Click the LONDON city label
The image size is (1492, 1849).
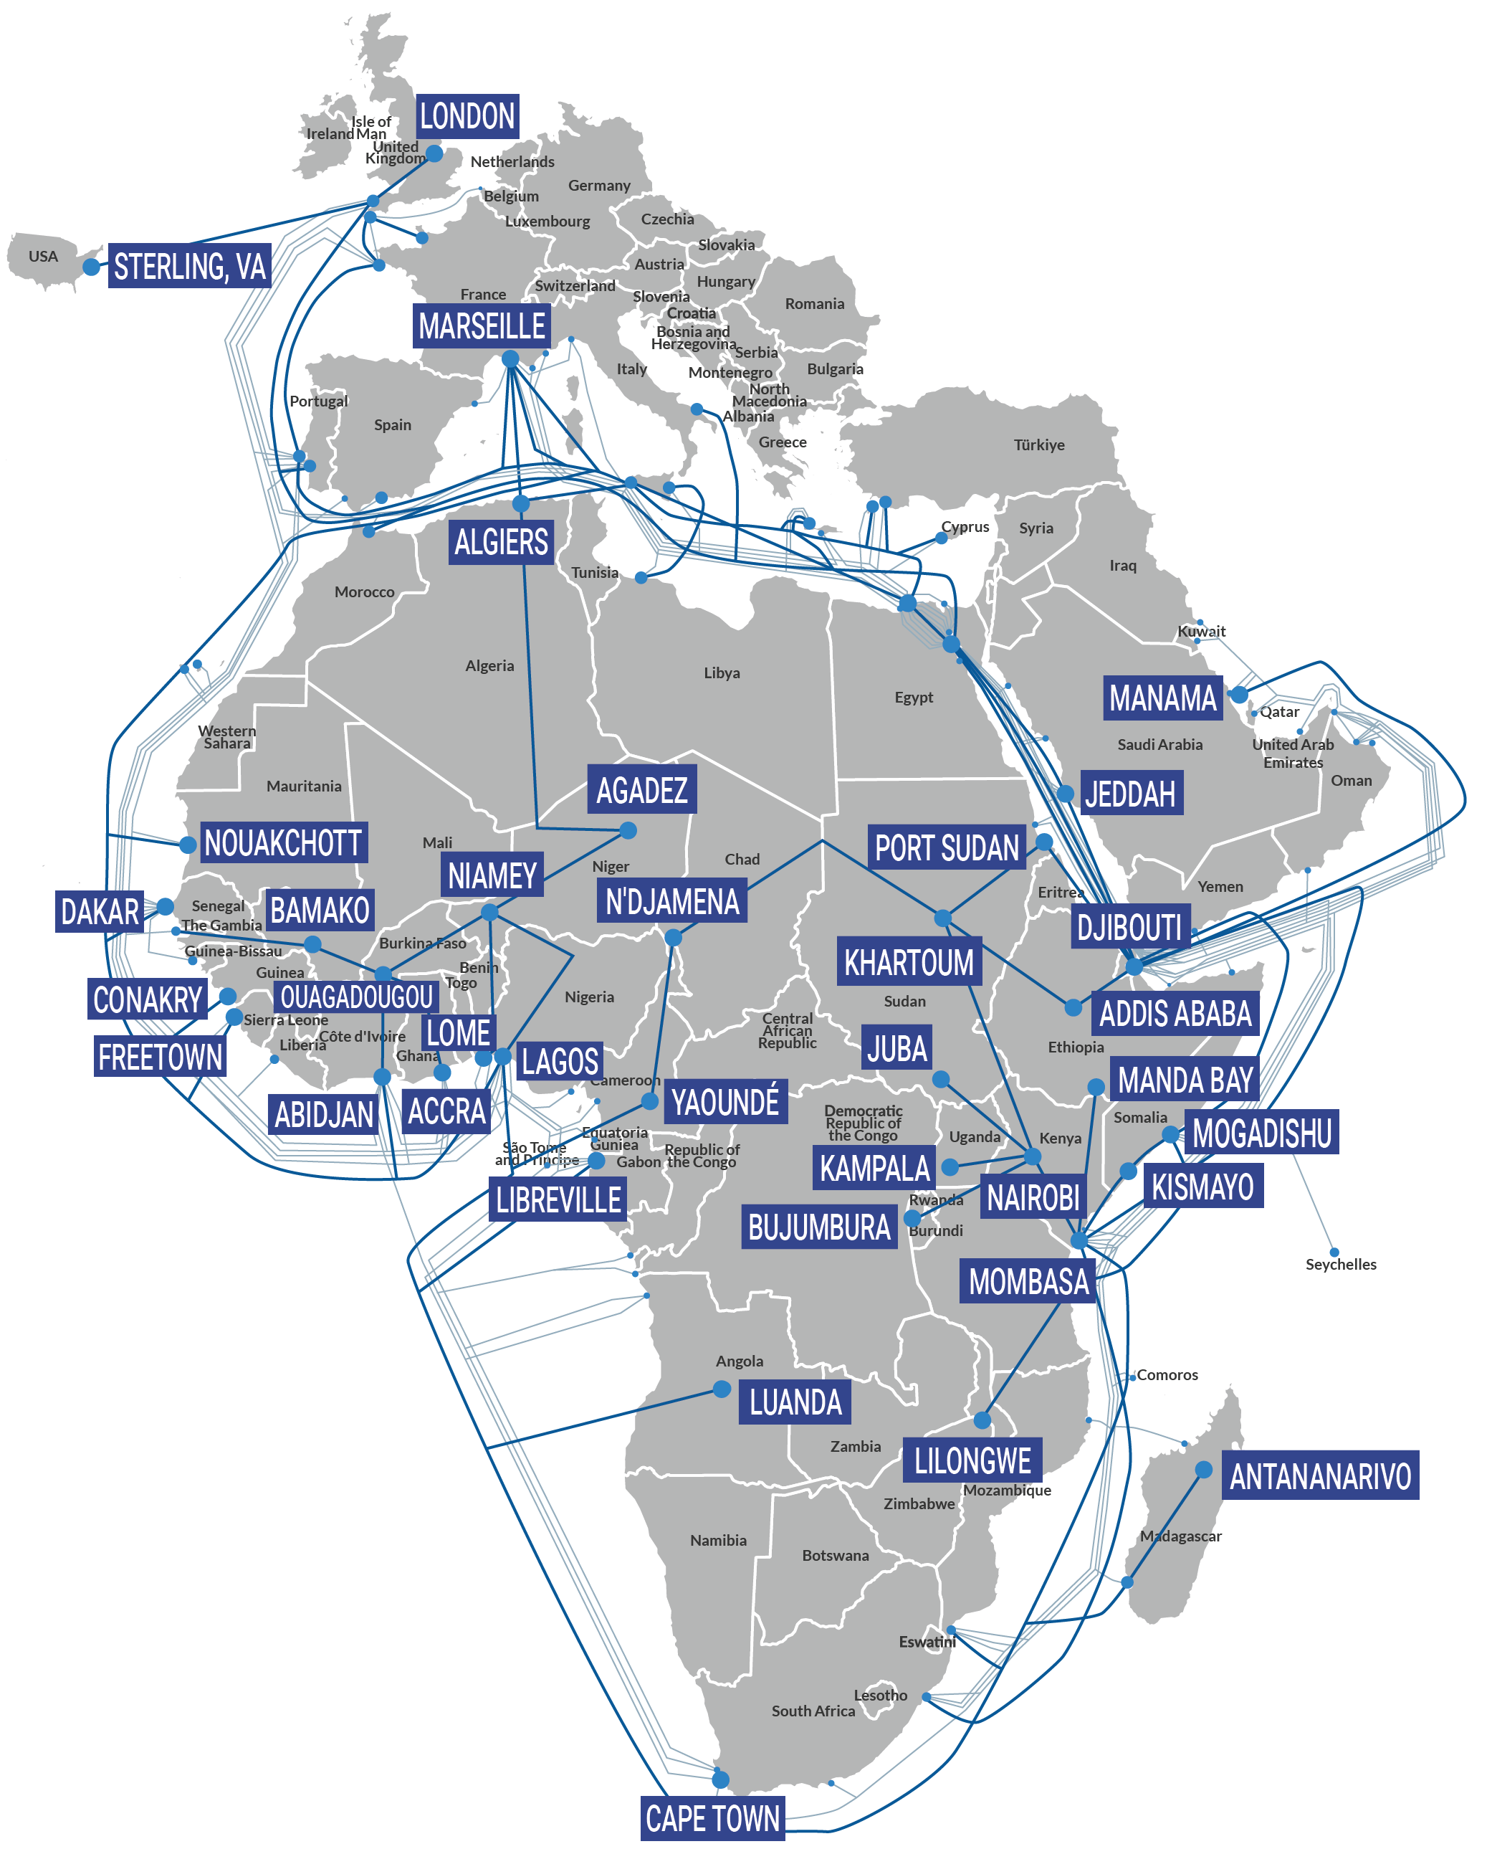pyautogui.click(x=467, y=116)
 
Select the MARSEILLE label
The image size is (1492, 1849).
pyautogui.click(x=482, y=327)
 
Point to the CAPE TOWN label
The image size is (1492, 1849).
pyautogui.click(x=712, y=1818)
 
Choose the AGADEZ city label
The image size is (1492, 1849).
pyautogui.click(x=642, y=790)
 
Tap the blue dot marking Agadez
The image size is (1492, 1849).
pyautogui.click(x=628, y=830)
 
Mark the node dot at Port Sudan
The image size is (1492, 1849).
pyautogui.click(x=1044, y=842)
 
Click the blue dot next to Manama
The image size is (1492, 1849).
pyautogui.click(x=1239, y=695)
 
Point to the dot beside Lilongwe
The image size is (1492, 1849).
pyautogui.click(x=982, y=1420)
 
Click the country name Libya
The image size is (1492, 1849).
pyautogui.click(x=722, y=673)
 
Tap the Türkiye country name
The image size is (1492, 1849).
pyautogui.click(x=1039, y=445)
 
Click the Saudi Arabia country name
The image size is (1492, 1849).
pyautogui.click(x=1159, y=744)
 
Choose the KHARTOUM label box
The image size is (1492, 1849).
pyautogui.click(x=909, y=963)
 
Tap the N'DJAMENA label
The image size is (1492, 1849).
pyautogui.click(x=672, y=902)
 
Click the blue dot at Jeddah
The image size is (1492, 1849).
pyautogui.click(x=1066, y=794)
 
